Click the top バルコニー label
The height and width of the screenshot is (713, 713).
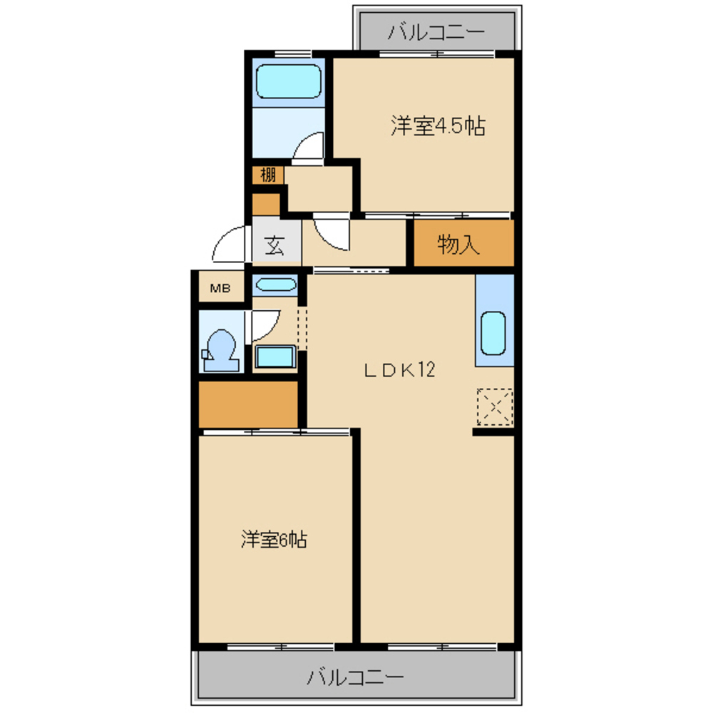(436, 32)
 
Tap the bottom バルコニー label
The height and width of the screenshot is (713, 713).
(355, 677)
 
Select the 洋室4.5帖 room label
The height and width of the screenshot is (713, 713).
(438, 126)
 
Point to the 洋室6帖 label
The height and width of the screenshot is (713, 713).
(274, 540)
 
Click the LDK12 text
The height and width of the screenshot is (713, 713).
(400, 370)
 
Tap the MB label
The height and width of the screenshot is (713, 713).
(220, 288)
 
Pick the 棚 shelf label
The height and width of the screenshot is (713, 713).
(268, 175)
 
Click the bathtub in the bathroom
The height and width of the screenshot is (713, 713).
(288, 81)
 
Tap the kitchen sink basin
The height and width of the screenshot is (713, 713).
(493, 333)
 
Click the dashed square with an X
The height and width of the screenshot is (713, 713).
(495, 407)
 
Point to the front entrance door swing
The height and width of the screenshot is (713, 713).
(229, 244)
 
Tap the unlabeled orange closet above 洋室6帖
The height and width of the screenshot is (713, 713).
(248, 404)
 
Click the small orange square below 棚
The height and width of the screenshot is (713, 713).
(266, 205)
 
